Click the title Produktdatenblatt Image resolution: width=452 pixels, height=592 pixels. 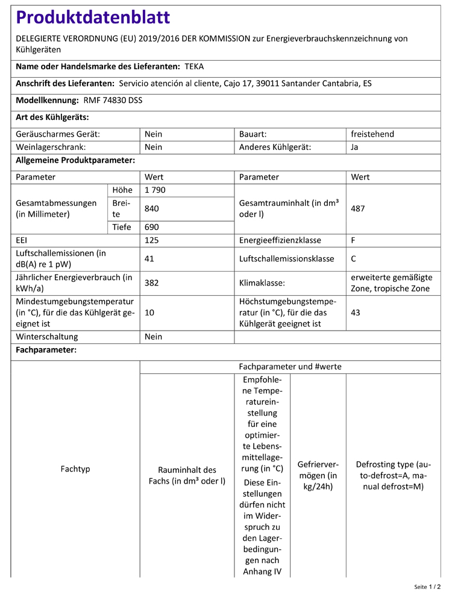[x=93, y=17]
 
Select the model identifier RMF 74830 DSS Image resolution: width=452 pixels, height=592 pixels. [x=109, y=100]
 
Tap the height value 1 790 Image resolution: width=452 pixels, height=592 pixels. [x=155, y=190]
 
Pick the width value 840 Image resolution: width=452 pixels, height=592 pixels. [x=152, y=208]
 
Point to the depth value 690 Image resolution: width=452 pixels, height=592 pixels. [x=152, y=227]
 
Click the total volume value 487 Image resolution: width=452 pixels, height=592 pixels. [x=358, y=208]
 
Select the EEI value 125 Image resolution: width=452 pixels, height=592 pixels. [x=152, y=240]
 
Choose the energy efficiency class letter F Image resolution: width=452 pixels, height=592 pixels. [x=353, y=240]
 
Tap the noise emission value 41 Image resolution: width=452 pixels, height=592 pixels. [x=149, y=259]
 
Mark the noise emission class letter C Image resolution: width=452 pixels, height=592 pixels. [x=353, y=259]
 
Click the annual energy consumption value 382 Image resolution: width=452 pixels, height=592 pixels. [x=152, y=282]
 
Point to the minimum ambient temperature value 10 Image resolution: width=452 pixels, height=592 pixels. [x=149, y=313]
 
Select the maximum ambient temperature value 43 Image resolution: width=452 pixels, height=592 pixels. [x=356, y=313]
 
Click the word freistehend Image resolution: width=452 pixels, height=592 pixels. [x=372, y=134]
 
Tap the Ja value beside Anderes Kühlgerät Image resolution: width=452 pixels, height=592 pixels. [x=354, y=146]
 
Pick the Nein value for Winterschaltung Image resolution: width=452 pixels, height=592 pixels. [x=154, y=337]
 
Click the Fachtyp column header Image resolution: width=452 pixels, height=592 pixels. [x=75, y=469]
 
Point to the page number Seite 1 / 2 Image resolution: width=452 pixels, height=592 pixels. [x=427, y=586]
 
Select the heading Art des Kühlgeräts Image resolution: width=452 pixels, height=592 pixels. [x=52, y=117]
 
